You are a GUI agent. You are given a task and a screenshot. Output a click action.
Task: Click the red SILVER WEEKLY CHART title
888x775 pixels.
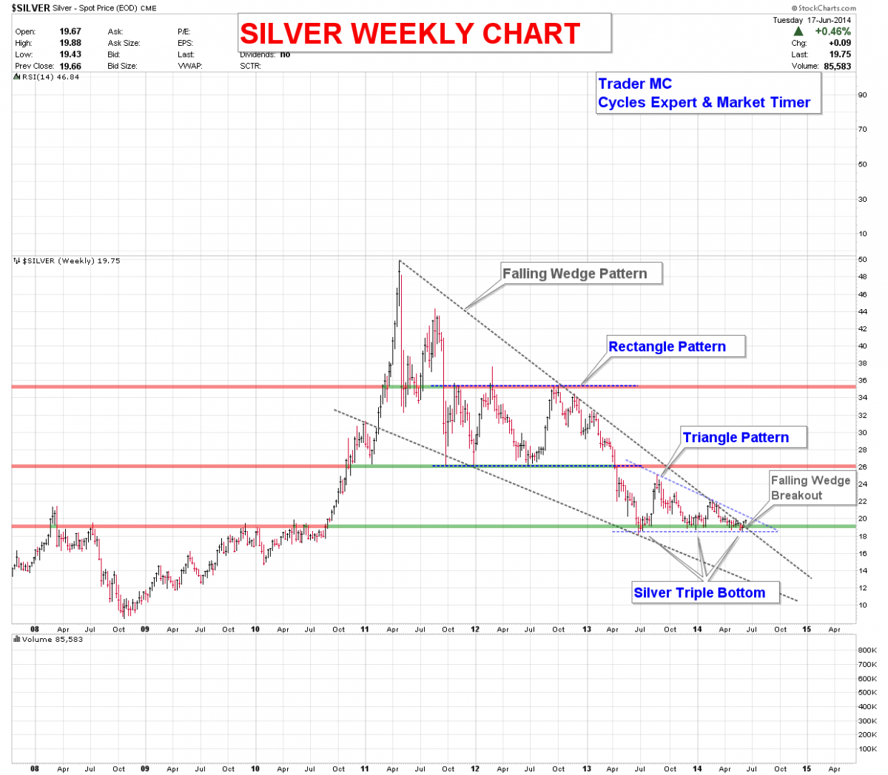tap(410, 34)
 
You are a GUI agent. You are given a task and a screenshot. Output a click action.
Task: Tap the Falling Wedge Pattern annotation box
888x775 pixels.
tap(575, 274)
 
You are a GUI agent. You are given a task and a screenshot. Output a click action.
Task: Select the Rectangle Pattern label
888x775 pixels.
tap(667, 347)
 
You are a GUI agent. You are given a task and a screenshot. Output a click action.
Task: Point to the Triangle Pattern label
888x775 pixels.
tap(736, 438)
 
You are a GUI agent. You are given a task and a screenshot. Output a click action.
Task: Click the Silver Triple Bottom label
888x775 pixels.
tap(699, 592)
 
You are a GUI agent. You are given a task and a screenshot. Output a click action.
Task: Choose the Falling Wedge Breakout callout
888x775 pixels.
tap(810, 488)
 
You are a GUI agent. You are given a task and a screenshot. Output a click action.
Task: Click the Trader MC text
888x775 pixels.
tap(635, 84)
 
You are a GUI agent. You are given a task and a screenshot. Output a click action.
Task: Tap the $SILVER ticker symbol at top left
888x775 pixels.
tap(31, 8)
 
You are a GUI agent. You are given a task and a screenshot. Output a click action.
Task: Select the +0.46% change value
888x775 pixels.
tap(832, 32)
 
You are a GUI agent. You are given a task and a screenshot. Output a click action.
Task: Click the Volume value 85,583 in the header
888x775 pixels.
tap(837, 66)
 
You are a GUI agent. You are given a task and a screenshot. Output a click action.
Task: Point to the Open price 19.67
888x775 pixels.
tap(70, 32)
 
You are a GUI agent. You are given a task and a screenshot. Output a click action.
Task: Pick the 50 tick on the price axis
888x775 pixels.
tap(863, 260)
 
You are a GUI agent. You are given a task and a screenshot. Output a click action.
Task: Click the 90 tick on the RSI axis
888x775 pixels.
tap(863, 95)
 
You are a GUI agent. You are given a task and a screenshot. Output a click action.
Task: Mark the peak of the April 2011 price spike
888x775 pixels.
tap(400, 261)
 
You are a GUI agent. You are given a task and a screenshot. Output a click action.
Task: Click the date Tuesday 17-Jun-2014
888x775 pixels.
tap(812, 21)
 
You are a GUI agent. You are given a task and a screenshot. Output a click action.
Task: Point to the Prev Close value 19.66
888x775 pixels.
tap(70, 66)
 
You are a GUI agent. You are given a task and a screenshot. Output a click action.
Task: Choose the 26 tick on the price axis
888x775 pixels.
tap(863, 467)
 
